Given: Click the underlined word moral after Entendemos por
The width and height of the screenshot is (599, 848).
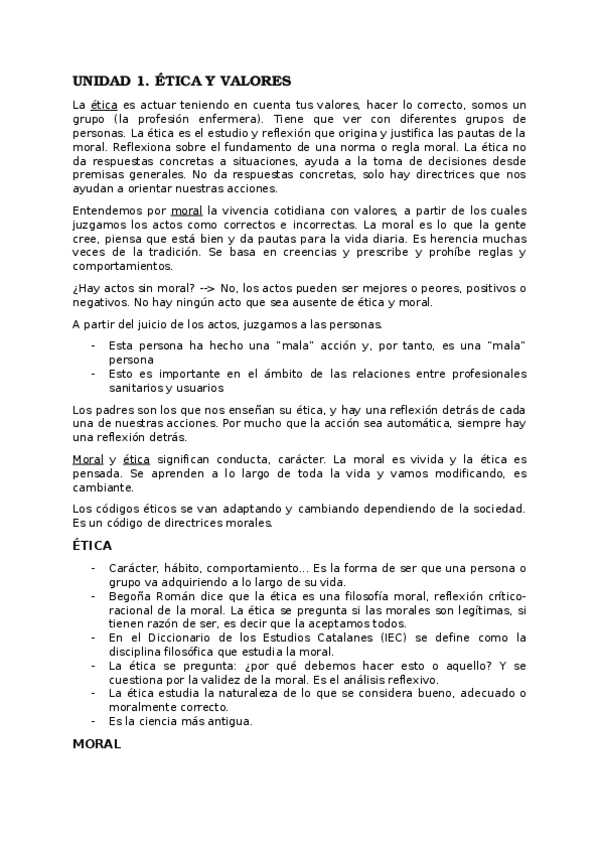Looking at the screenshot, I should pyautogui.click(x=186, y=211).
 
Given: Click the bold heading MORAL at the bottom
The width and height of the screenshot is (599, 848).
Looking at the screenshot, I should pyautogui.click(x=98, y=744).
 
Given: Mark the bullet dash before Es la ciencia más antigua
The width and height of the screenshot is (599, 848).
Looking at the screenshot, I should pyautogui.click(x=93, y=720).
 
